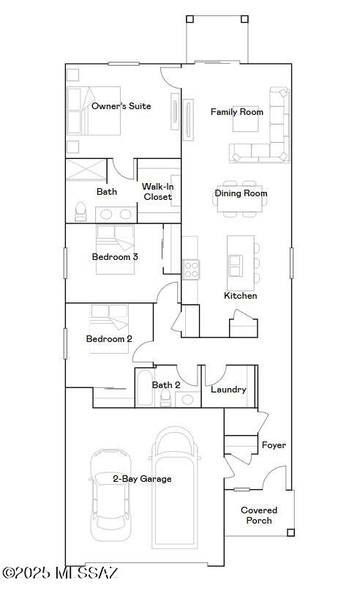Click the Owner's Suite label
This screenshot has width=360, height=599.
[x=121, y=106]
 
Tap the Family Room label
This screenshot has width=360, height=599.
[x=236, y=112]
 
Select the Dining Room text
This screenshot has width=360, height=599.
[x=241, y=193]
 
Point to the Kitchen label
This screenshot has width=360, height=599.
[x=240, y=296]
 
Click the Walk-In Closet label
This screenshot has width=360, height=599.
[x=157, y=192]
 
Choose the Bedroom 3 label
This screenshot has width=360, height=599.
[x=115, y=257]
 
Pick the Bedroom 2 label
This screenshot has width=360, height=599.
[x=109, y=339]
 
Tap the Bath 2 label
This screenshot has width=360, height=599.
[x=166, y=385]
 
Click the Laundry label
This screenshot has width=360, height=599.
[x=228, y=390]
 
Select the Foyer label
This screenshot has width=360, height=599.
[x=274, y=445]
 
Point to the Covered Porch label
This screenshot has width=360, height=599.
[x=259, y=516]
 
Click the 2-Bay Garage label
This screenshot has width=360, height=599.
[x=142, y=479]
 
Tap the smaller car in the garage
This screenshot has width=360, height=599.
[x=110, y=494]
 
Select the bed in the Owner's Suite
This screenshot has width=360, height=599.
[x=91, y=111]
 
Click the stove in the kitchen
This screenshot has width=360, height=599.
[x=190, y=269]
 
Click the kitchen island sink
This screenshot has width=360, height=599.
[x=236, y=261]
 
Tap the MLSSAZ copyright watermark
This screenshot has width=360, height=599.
[x=60, y=572]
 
